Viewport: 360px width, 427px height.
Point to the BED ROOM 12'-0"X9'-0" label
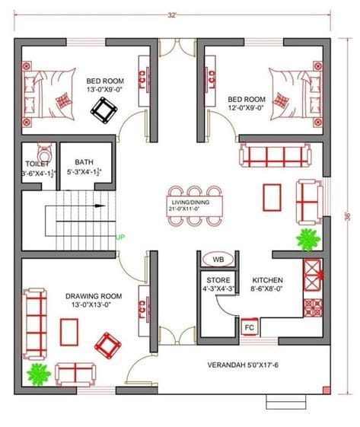tap(246, 104)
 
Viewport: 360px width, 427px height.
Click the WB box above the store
tap(218, 260)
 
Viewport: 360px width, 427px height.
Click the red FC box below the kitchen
tap(249, 327)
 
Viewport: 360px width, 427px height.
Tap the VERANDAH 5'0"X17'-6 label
tap(245, 365)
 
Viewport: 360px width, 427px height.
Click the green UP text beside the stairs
tap(119, 237)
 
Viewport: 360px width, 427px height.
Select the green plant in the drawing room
tap(38, 373)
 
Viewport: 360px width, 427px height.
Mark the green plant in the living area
tap(307, 240)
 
